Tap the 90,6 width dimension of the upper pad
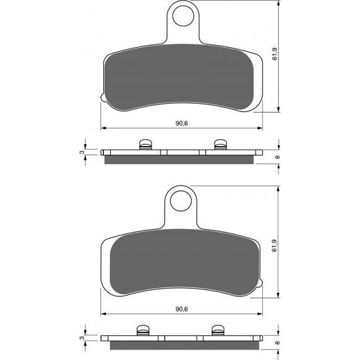(181, 124)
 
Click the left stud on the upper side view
(145, 145)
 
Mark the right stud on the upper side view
(220, 145)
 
